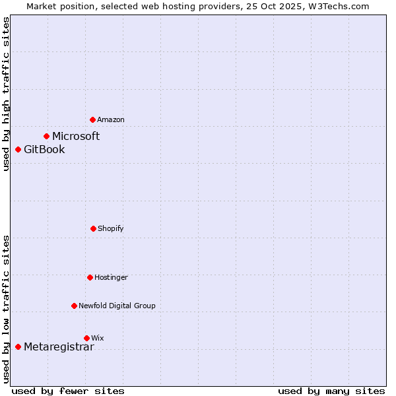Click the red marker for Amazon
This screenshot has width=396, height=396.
click(x=93, y=119)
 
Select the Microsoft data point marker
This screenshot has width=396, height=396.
click(x=46, y=136)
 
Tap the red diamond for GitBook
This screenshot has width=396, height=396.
click(x=18, y=149)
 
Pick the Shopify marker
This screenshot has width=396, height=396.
click(x=93, y=228)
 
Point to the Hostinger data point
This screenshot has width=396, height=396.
click(x=90, y=277)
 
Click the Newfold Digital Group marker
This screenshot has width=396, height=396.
click(x=74, y=306)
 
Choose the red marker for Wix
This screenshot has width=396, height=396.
click(x=86, y=338)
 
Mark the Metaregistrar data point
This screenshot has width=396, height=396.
click(x=18, y=346)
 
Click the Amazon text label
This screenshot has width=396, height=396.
click(x=111, y=119)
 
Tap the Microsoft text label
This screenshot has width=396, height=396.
click(x=76, y=136)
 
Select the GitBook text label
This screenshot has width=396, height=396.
click(x=44, y=149)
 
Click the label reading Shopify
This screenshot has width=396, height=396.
click(x=111, y=228)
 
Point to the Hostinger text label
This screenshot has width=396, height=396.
click(x=111, y=277)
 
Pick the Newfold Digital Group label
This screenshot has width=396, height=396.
click(x=117, y=306)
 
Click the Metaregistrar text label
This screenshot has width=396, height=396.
click(x=59, y=347)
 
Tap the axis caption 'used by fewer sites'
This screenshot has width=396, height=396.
click(x=68, y=391)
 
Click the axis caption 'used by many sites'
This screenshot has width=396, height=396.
click(x=331, y=391)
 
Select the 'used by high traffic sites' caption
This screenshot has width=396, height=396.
click(x=6, y=94)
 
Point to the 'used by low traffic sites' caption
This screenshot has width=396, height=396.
click(x=6, y=309)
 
